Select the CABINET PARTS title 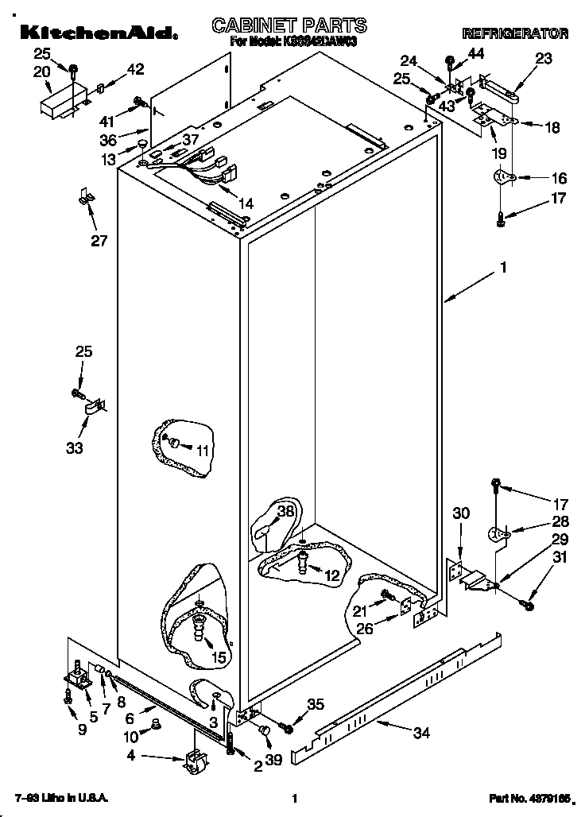[x=289, y=25]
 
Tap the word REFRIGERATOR [x=515, y=33]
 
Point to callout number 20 [x=42, y=72]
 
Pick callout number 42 [x=135, y=69]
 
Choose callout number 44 [x=475, y=53]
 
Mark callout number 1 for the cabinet [x=503, y=269]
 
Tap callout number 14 [x=246, y=203]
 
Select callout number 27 [x=99, y=241]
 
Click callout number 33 [x=74, y=447]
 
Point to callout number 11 [x=203, y=450]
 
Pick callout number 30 [x=460, y=514]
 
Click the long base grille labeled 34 [x=397, y=691]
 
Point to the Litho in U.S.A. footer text [x=61, y=797]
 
